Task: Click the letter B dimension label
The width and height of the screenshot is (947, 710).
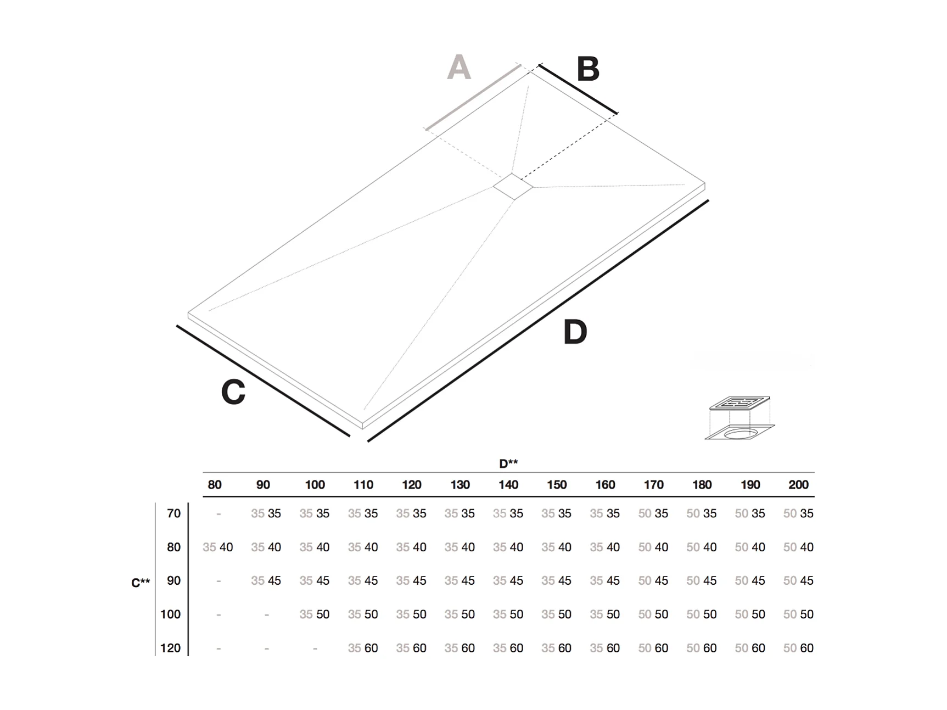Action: pyautogui.click(x=588, y=69)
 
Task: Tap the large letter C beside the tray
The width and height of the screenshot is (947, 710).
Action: pyautogui.click(x=233, y=392)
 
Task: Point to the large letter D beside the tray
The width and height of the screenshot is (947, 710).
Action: pyautogui.click(x=575, y=332)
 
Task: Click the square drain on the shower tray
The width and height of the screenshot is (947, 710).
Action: pyautogui.click(x=513, y=187)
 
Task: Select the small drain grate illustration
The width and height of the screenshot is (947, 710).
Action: pyautogui.click(x=739, y=418)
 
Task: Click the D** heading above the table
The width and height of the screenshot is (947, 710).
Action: pyautogui.click(x=508, y=463)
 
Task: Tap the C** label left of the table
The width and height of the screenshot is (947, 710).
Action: pyautogui.click(x=141, y=582)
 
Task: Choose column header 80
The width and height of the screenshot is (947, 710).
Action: pyautogui.click(x=215, y=485)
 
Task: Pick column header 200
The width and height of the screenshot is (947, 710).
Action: pyautogui.click(x=798, y=485)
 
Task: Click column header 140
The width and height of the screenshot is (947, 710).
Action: pyautogui.click(x=508, y=485)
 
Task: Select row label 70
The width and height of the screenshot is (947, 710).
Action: pyautogui.click(x=173, y=513)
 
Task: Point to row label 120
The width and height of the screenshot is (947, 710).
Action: pyautogui.click(x=170, y=648)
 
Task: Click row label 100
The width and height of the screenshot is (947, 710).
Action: pyautogui.click(x=170, y=614)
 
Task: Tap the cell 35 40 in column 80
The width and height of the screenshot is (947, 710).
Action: pyautogui.click(x=218, y=547)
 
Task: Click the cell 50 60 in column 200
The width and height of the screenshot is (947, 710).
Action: pyautogui.click(x=798, y=648)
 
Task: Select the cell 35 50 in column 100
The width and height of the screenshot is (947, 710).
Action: pyautogui.click(x=315, y=614)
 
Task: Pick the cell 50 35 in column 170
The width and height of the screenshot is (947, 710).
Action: pyautogui.click(x=653, y=513)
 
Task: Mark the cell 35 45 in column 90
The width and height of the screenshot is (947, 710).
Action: pyautogui.click(x=266, y=581)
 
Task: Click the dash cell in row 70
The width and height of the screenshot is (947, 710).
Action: pyautogui.click(x=218, y=514)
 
